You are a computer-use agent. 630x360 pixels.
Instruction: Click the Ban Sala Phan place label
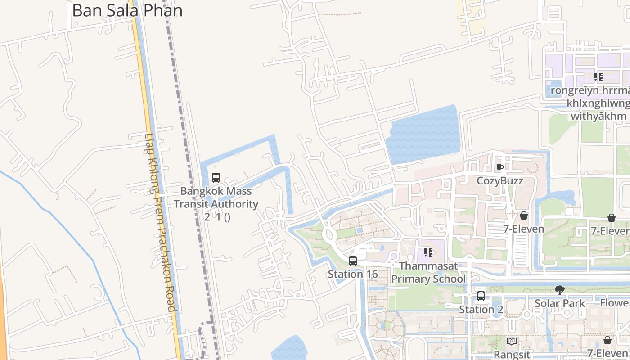point(127,10)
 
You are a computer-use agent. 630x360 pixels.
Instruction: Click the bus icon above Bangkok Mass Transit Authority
point(216,178)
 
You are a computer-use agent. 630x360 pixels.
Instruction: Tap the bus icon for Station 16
point(353,261)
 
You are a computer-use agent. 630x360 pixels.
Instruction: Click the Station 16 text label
point(352,274)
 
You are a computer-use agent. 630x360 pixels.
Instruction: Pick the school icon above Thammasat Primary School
point(428,252)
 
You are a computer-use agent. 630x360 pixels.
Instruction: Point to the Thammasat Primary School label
point(428,272)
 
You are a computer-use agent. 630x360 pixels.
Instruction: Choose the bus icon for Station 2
point(481,296)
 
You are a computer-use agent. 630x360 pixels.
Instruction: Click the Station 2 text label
point(481,310)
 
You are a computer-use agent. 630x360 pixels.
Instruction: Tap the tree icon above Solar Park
point(560,290)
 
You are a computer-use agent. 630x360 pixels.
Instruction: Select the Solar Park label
point(560,303)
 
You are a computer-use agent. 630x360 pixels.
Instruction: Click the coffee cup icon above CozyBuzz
point(499,168)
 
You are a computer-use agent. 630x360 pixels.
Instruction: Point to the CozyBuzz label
point(500,181)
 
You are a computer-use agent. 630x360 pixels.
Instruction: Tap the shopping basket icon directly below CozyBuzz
point(523,216)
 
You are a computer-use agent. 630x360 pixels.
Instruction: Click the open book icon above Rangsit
point(512,342)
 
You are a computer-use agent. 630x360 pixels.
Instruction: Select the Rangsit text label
point(512,355)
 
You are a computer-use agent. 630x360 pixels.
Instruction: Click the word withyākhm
point(598,117)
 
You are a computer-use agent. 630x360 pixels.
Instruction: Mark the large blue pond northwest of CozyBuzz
point(423,135)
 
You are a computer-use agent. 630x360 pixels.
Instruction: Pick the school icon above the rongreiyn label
point(598,77)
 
